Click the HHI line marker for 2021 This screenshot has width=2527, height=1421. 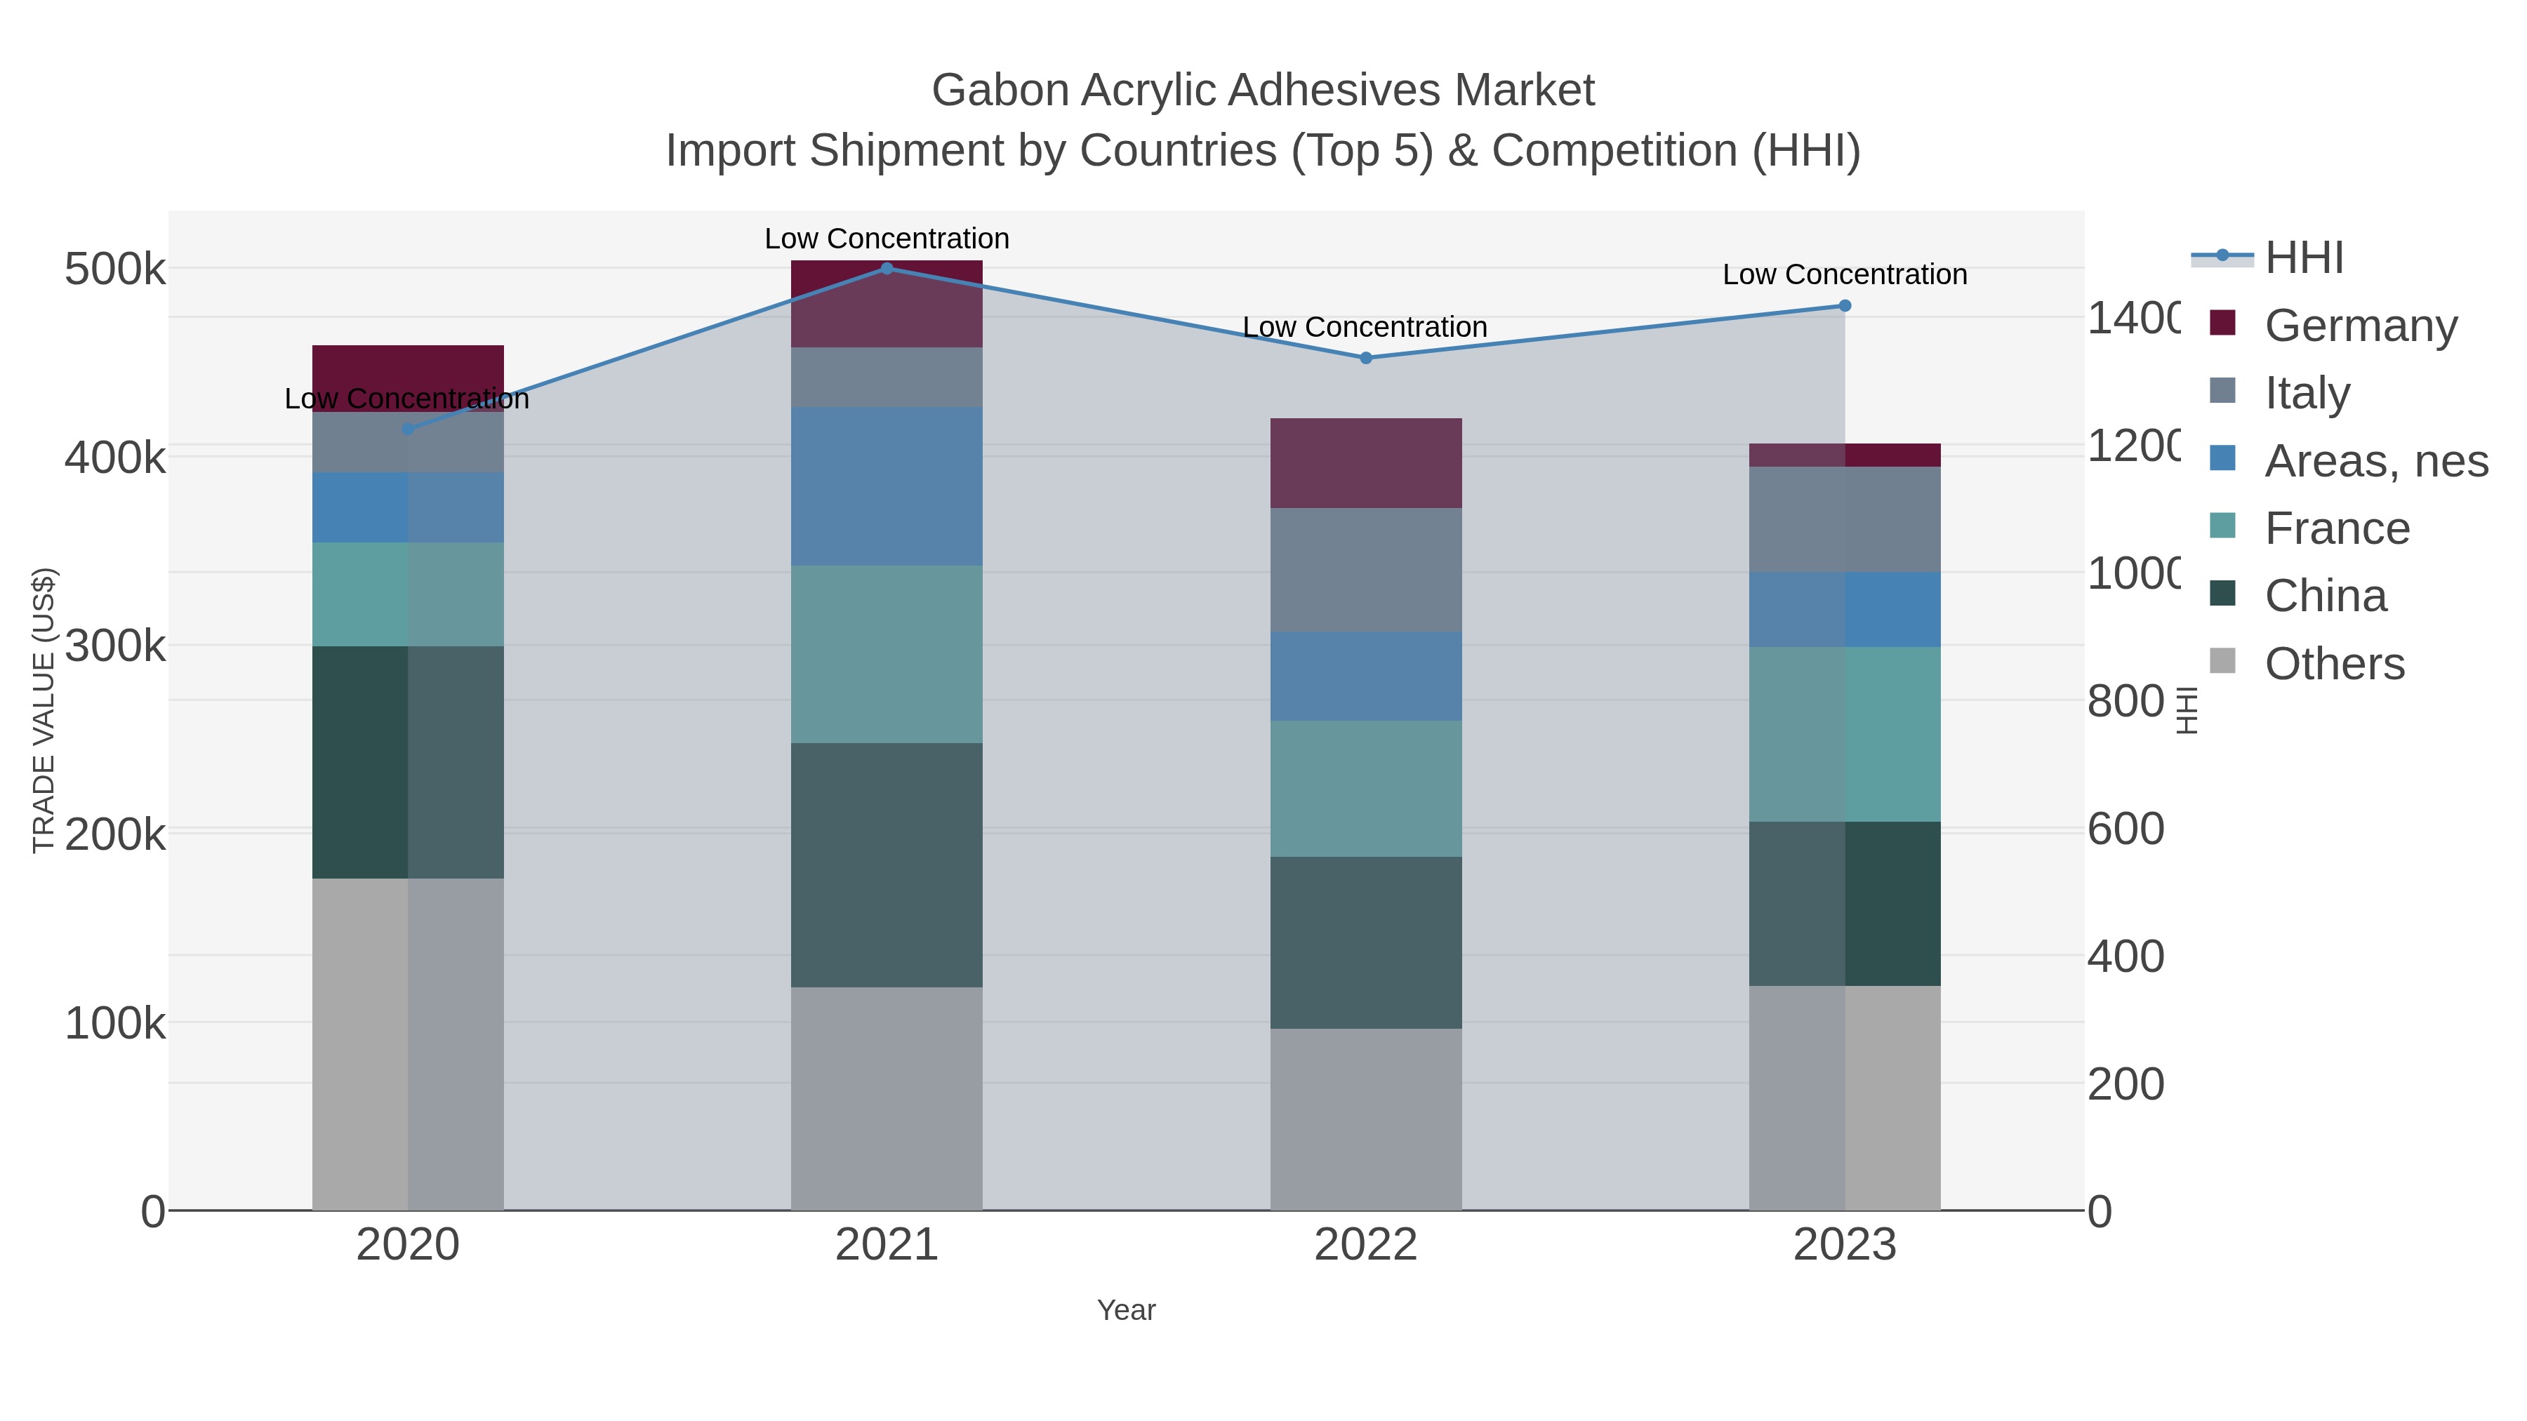[887, 268]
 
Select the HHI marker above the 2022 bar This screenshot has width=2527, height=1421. [1365, 358]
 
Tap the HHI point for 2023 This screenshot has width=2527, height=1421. [1844, 306]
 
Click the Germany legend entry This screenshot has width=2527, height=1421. [2360, 325]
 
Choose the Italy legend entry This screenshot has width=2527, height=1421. [2307, 392]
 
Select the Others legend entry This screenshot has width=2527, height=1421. [2334, 664]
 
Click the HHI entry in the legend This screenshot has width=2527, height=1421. [2303, 257]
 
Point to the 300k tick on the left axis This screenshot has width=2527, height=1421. [115, 646]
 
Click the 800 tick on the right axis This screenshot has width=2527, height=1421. [2125, 701]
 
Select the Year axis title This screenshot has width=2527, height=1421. [1126, 1310]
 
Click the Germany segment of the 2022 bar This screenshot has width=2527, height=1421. [1365, 463]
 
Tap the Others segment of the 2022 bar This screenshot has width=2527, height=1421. [1365, 1119]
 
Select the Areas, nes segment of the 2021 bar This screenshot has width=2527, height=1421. [887, 486]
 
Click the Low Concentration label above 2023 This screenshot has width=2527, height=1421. [1844, 274]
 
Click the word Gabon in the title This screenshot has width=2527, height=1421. [1000, 91]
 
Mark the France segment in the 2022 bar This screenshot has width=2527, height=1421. [1365, 789]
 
